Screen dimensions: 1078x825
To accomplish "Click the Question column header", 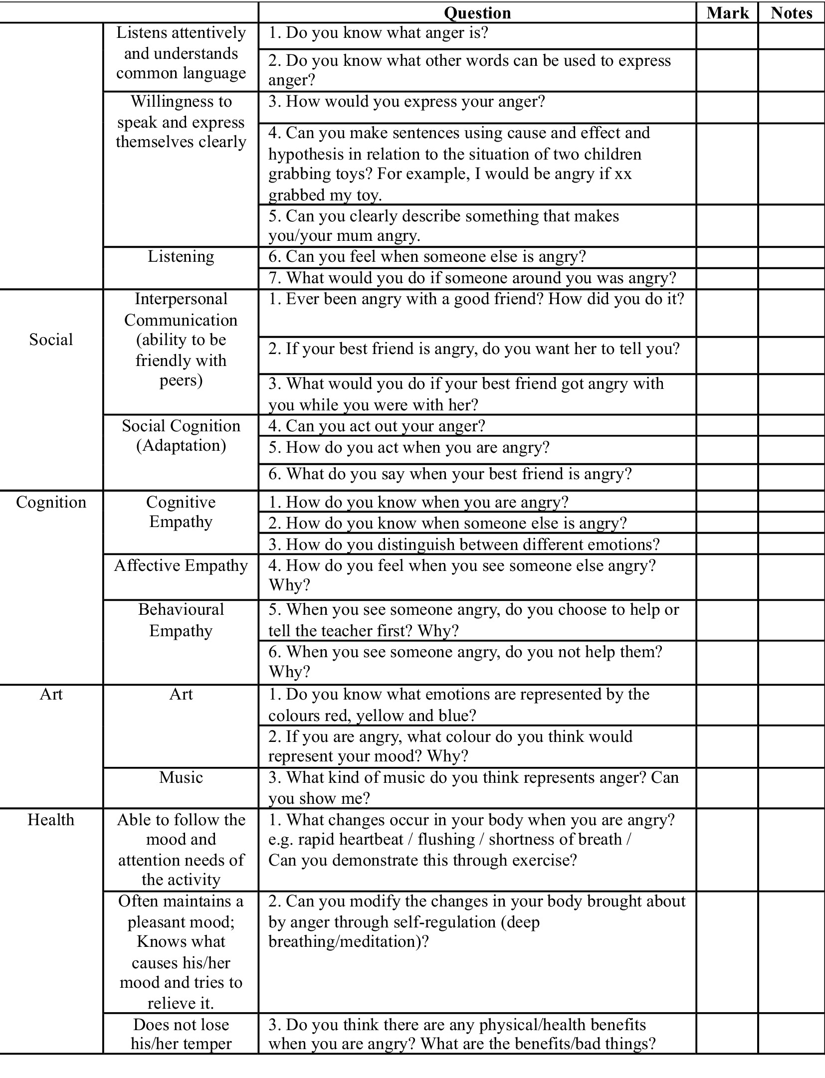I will click(477, 13).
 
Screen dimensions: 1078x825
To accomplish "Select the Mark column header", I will click(727, 13).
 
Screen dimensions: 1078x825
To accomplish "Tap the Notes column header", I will click(791, 13).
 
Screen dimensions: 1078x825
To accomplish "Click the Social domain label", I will click(51, 340).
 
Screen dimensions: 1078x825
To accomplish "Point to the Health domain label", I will click(51, 820).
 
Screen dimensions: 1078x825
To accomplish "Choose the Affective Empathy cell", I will click(181, 565).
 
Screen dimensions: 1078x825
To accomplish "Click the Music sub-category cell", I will click(181, 777).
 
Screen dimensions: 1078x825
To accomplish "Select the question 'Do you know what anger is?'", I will click(378, 33).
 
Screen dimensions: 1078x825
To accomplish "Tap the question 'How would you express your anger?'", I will click(407, 102).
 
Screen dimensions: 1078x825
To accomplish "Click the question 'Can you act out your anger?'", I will click(377, 426).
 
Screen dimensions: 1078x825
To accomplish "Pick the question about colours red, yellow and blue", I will click(459, 705).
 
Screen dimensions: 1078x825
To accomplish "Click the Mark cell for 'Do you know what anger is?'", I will click(727, 36).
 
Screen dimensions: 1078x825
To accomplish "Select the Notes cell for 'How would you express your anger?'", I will click(791, 107).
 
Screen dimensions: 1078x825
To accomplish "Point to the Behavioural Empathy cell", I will click(181, 620).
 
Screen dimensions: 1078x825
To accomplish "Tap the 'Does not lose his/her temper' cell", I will click(181, 1034).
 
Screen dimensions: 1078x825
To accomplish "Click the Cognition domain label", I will click(51, 502).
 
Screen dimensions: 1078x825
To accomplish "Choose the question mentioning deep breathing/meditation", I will click(476, 921).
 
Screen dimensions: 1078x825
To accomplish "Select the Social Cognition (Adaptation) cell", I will click(181, 435).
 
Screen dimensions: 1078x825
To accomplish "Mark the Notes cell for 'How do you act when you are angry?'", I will click(791, 450).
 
